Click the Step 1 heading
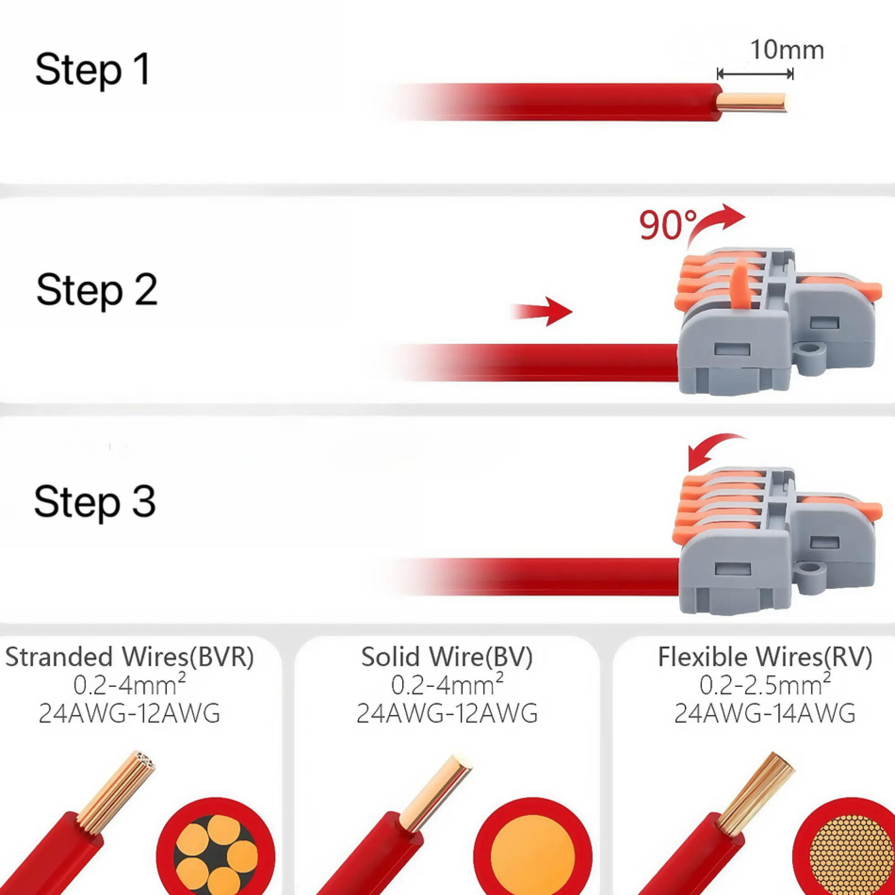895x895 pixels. tap(93, 69)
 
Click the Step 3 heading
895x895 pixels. tap(95, 502)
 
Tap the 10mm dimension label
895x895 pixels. tap(786, 50)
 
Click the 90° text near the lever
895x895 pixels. tap(668, 225)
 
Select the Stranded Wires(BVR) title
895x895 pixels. tap(129, 657)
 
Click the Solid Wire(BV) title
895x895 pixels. tap(447, 657)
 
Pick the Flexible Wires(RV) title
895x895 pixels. tap(765, 657)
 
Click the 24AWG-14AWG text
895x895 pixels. tap(765, 714)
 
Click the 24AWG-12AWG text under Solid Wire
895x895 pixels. tap(447, 714)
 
